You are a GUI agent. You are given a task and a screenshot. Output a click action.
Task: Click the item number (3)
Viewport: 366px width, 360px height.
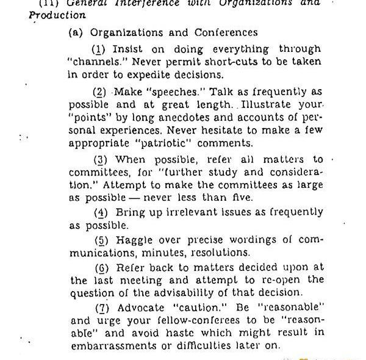[x=101, y=160]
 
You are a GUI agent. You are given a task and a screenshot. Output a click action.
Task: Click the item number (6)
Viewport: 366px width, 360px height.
[x=101, y=267]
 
